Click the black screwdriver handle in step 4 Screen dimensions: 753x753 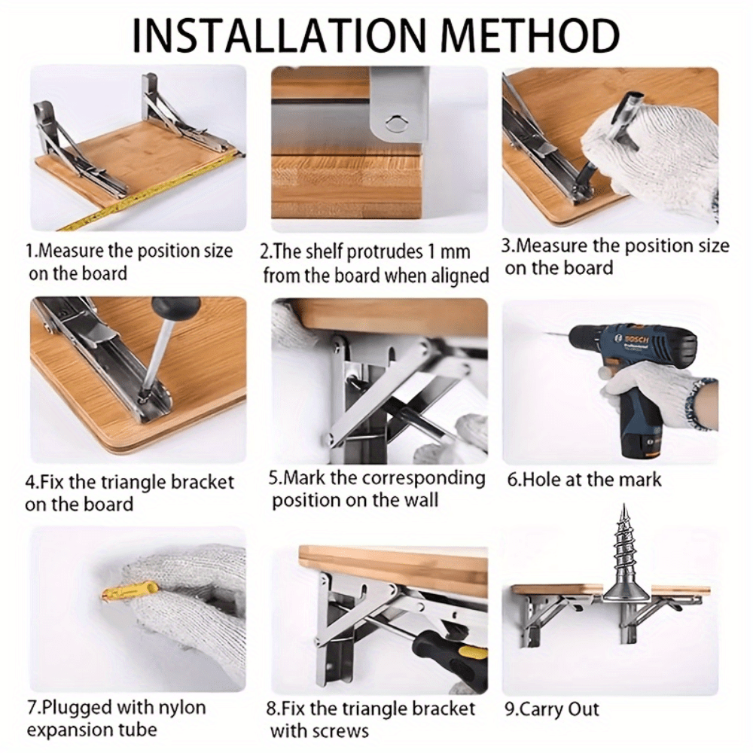[175, 309]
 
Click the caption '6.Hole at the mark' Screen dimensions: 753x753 [584, 480]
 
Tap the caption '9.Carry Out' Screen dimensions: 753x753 [552, 709]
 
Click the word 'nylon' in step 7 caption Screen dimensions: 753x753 [178, 709]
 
